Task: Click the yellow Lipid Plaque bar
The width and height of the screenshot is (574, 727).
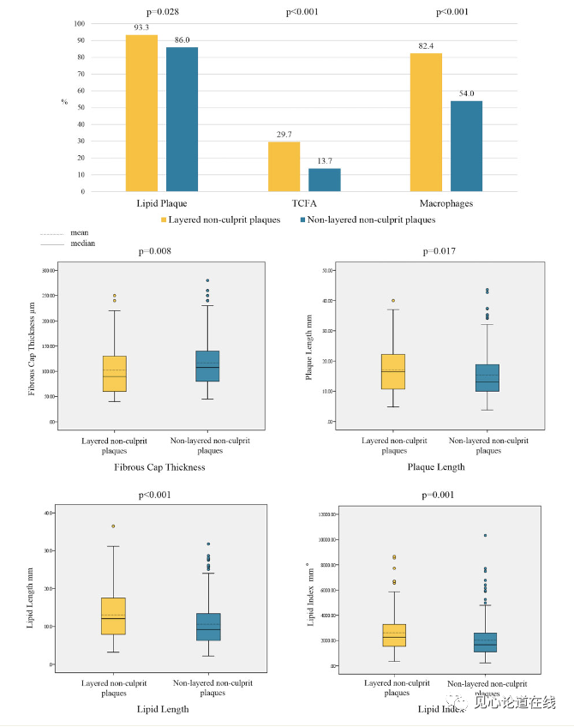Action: click(141, 113)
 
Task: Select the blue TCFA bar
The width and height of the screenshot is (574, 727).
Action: click(325, 180)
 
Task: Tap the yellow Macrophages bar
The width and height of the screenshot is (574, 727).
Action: click(426, 123)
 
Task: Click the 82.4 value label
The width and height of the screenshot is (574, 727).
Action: click(426, 45)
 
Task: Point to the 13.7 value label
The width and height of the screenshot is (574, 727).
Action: click(325, 161)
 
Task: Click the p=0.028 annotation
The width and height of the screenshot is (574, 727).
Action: click(162, 12)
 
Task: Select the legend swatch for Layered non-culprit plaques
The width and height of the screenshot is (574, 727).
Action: click(163, 220)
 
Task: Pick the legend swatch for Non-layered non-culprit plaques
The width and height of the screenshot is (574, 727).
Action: click(302, 220)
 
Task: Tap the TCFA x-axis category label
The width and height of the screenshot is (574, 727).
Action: click(304, 204)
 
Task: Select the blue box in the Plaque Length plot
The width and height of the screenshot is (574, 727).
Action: click(487, 378)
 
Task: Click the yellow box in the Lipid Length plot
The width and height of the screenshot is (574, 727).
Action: click(114, 616)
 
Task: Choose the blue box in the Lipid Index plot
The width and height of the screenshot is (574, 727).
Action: click(487, 642)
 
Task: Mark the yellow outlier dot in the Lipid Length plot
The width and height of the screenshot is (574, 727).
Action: click(113, 526)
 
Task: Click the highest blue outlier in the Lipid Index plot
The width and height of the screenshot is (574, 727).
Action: click(485, 536)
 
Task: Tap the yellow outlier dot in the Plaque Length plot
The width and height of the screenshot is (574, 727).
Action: click(393, 301)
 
